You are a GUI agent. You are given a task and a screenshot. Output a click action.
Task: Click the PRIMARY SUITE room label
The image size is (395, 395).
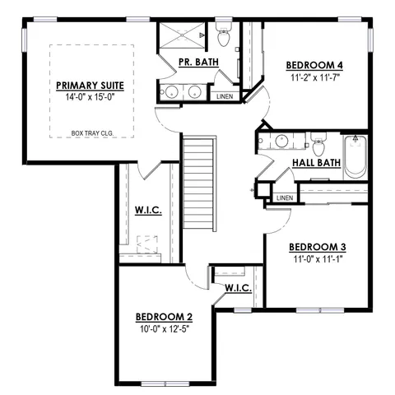click(90, 85)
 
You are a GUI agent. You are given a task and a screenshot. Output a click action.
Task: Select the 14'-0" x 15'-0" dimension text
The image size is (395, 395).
click(90, 97)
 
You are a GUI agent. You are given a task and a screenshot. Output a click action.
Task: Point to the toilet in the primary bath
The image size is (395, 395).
click(223, 37)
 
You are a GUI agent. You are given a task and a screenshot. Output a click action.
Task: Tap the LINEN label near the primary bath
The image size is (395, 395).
click(224, 97)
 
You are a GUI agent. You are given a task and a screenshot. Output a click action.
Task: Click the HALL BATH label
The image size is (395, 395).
click(317, 163)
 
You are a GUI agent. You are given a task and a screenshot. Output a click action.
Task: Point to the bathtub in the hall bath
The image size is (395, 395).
click(355, 156)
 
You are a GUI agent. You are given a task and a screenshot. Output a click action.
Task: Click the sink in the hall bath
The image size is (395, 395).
click(280, 139)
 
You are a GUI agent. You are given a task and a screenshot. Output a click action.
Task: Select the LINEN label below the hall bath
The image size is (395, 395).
click(285, 197)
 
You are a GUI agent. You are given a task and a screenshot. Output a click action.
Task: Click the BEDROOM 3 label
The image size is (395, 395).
click(317, 246)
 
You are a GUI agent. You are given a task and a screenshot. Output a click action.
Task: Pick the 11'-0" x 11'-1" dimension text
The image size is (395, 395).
click(317, 258)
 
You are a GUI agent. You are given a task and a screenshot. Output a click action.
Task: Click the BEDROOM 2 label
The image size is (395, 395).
click(164, 317)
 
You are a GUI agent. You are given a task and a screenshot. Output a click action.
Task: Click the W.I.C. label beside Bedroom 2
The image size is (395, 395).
click(238, 288)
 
